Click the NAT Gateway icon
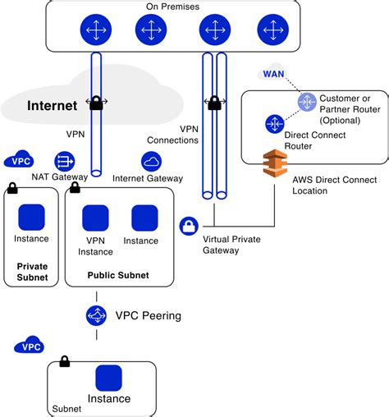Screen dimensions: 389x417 65,162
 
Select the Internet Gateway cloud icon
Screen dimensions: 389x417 151,162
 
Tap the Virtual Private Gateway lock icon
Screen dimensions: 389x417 189,226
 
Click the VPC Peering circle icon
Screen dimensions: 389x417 96,315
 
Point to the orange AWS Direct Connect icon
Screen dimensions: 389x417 275,163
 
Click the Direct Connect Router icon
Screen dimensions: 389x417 275,124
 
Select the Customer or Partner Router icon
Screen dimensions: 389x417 307,102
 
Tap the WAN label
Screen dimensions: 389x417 273,74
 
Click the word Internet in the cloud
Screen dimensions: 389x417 52,106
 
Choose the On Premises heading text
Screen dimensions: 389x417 172,7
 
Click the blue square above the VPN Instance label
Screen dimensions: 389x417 95,218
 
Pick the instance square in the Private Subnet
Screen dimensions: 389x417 31,218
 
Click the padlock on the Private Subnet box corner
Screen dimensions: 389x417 12,188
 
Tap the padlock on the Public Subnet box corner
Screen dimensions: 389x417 75,187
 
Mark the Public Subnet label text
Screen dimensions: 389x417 118,275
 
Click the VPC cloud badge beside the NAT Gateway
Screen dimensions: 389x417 19,159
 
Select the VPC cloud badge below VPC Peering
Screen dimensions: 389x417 29,345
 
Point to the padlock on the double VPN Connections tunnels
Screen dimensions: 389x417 214,103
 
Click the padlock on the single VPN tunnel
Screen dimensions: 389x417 96,103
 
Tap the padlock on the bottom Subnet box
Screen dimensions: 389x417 65,361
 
